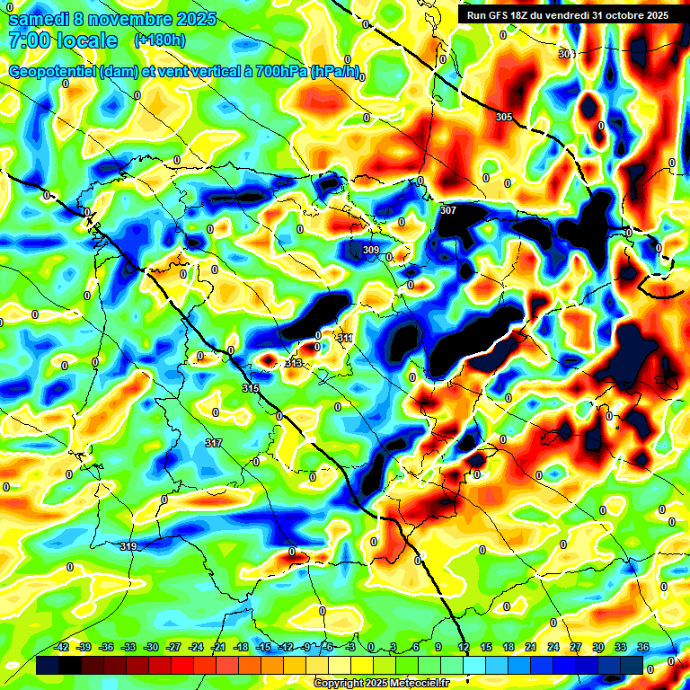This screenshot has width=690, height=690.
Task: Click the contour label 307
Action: [x=448, y=210]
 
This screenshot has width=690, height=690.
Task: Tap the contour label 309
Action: [x=371, y=250]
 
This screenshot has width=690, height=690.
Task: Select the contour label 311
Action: [x=345, y=338]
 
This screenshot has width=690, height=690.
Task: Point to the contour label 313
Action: [x=293, y=363]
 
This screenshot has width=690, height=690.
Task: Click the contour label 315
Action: [x=251, y=388]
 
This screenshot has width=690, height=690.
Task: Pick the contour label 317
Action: [x=213, y=444]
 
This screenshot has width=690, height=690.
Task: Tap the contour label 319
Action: [x=128, y=547]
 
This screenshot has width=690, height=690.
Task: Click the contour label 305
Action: [x=504, y=118]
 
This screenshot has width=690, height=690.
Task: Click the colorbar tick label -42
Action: [x=62, y=647]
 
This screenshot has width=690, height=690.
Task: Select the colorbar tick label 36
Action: [x=643, y=647]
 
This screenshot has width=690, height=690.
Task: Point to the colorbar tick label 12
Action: [x=464, y=647]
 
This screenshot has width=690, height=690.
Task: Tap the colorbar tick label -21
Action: [x=218, y=647]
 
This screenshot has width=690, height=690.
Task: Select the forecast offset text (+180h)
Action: [x=160, y=40]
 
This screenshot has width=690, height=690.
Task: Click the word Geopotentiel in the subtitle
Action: [x=52, y=71]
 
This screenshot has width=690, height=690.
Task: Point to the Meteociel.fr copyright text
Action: [x=382, y=683]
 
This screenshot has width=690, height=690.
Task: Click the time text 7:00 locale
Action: [x=63, y=40]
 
